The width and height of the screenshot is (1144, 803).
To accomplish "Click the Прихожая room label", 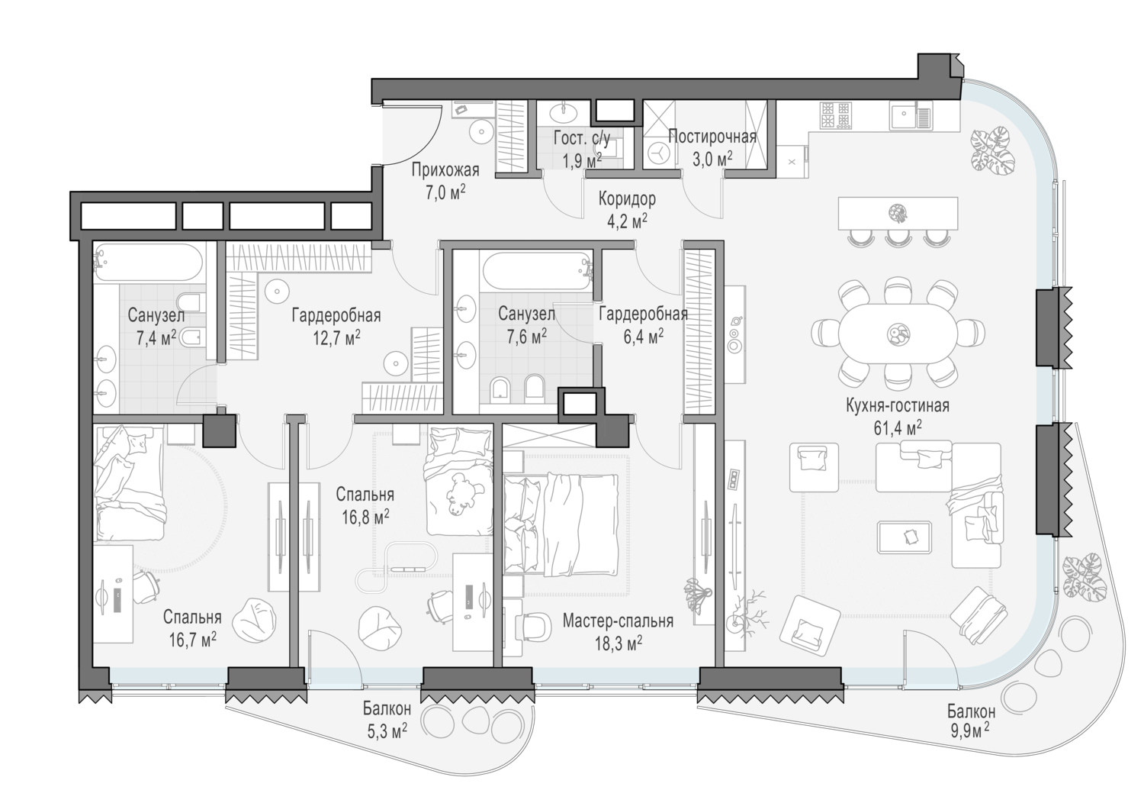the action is pos(445,169).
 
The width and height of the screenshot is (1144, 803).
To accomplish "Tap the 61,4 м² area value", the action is pos(898,427).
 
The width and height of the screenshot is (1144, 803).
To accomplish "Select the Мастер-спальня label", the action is pos(618,621).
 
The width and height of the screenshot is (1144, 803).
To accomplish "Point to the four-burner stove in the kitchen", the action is pos(836,114).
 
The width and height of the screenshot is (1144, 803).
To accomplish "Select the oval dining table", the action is pos(898,334).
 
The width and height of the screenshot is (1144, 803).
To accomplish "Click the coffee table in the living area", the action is pos(904,537).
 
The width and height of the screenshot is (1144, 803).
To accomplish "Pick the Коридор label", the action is pos(627,198).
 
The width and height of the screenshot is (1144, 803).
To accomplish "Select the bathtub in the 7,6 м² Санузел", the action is pos(537,272).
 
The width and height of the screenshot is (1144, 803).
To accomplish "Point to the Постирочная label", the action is pos(712,137).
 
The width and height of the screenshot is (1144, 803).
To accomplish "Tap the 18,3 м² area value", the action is pos(619,643).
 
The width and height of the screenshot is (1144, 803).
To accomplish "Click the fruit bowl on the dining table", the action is pos(898,334).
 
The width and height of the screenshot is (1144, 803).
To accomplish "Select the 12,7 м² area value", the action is pos(336,337).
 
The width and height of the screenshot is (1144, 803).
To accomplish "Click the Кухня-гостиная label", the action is pos(898,405).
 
